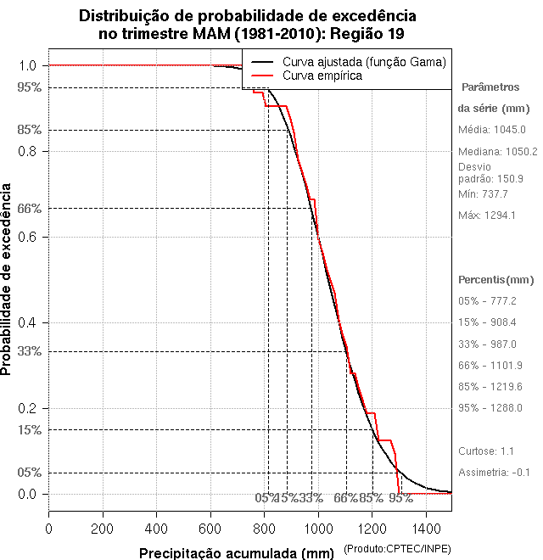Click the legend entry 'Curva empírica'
tap(323, 76)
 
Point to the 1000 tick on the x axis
tap(317, 510)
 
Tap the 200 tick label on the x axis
tap(103, 529)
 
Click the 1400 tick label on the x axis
tap(425, 529)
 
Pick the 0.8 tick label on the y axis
tap(27, 151)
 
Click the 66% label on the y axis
tap(28, 208)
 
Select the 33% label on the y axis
tap(28, 351)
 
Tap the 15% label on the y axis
tap(28, 429)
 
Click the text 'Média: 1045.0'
tap(492, 130)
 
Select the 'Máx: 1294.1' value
tap(487, 216)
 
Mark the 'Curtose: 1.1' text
tap(487, 451)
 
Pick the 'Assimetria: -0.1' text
tap(495, 472)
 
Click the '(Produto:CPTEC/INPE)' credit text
tap(396, 550)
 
